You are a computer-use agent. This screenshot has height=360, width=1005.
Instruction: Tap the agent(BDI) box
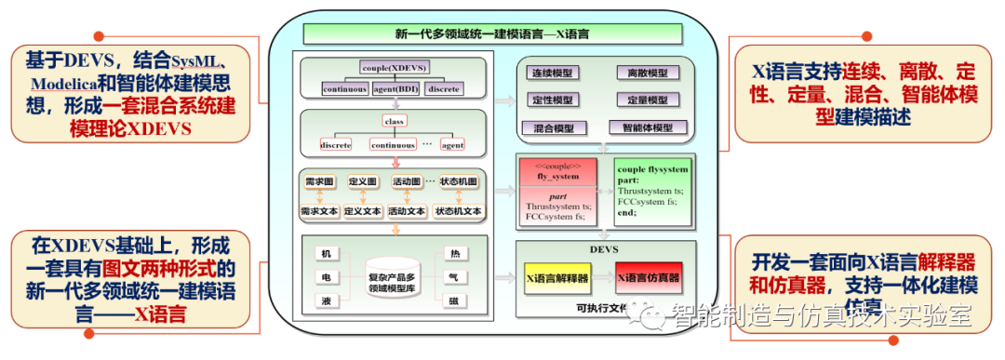[395, 89]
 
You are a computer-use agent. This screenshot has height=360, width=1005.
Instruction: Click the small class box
[395, 121]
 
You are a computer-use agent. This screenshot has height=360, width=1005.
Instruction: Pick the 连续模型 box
[552, 73]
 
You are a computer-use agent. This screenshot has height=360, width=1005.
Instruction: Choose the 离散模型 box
[647, 73]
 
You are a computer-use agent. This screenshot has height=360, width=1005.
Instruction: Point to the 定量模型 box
[647, 100]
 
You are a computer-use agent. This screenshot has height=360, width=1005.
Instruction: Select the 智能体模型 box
[647, 127]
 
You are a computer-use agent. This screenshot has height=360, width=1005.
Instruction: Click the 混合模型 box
[552, 127]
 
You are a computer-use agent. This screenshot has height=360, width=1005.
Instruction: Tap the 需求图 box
[319, 181]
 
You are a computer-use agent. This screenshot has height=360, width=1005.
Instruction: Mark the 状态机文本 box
[459, 211]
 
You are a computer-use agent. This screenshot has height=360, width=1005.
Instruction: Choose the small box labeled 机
[325, 254]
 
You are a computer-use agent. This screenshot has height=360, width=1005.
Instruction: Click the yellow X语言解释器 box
[558, 277]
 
